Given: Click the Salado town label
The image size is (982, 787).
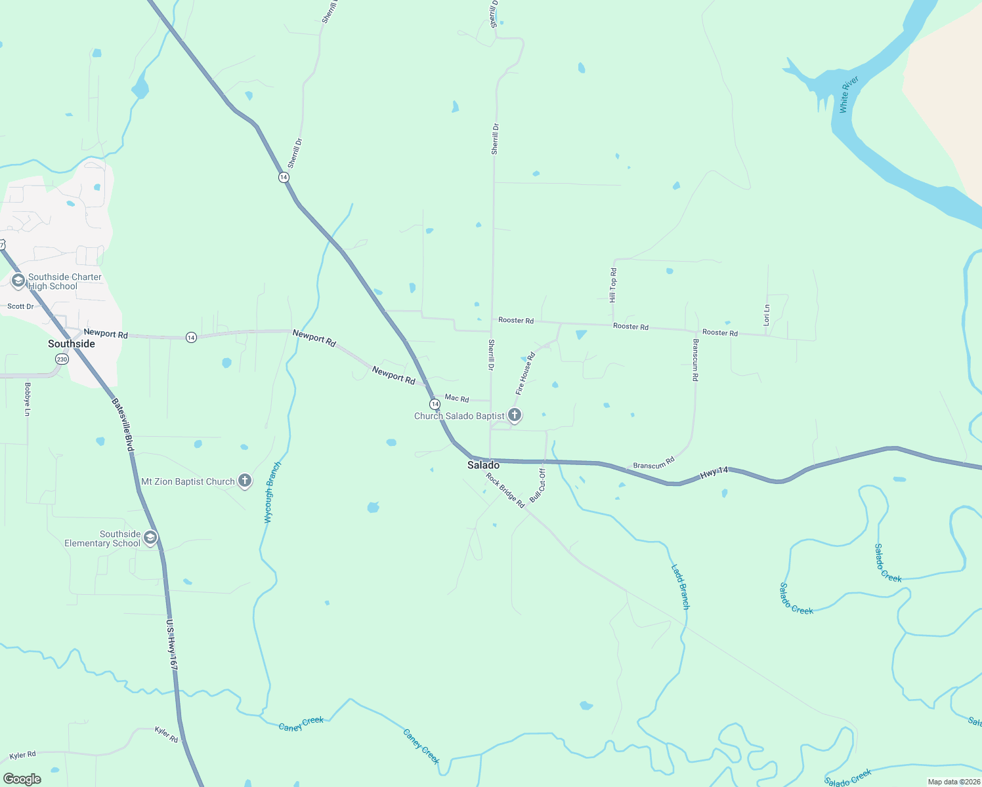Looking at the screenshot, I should point(483,465).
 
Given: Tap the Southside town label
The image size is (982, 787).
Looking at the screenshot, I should point(72,344).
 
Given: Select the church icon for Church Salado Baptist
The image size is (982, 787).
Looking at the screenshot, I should point(515,415).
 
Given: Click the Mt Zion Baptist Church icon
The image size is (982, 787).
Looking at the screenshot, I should point(244,481).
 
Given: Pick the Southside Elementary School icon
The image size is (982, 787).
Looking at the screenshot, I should point(150,538).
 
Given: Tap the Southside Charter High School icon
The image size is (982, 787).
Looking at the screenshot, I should point(18,281).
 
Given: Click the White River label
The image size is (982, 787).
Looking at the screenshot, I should point(849,94).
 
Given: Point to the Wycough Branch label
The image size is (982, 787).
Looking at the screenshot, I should point(272,493).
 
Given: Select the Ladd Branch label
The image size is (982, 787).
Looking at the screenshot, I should point(681,586).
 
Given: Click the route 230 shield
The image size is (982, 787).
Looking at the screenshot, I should point(62,359).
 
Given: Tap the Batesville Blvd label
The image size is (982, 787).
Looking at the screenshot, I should point(123,425).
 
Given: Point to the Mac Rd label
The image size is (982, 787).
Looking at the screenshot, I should point(457,398).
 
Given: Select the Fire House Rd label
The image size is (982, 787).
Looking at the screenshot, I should point(525,373).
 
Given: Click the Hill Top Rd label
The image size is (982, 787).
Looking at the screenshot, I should point(613,285).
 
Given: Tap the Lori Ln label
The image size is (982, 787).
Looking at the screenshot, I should point(766,315).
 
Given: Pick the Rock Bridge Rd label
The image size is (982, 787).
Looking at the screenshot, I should point(505,491).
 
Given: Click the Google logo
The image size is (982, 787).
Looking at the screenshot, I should point(22,779).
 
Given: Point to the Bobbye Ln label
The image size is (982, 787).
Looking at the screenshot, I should point(28,399).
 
